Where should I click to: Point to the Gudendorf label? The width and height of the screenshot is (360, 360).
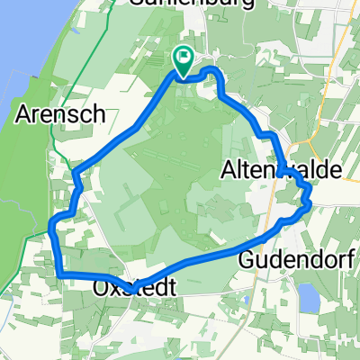coord(286,260)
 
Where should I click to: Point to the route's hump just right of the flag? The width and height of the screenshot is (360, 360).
coord(211,71)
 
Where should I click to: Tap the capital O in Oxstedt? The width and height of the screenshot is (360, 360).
coord(102,289)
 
